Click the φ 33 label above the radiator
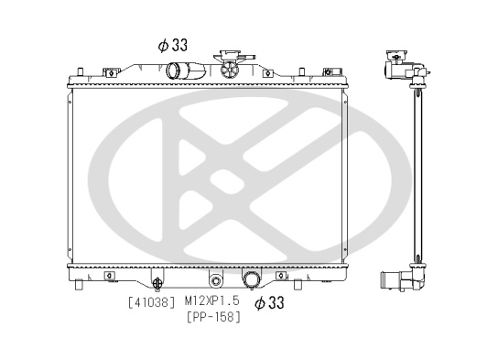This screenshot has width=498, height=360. (173, 45)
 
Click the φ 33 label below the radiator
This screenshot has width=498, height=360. (269, 303)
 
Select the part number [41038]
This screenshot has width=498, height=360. (151, 302)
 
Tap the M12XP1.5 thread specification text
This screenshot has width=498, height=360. (211, 300)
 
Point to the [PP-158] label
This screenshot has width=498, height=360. (213, 317)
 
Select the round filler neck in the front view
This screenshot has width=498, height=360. (230, 70)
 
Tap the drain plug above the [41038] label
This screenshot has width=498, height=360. (157, 283)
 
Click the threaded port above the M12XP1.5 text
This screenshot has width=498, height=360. (216, 280)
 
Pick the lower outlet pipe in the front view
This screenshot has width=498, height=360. (252, 279)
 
